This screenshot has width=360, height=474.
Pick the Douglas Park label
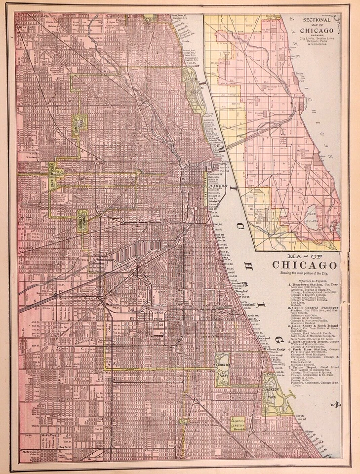(82, 218)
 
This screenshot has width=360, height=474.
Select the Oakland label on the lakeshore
(248, 305)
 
